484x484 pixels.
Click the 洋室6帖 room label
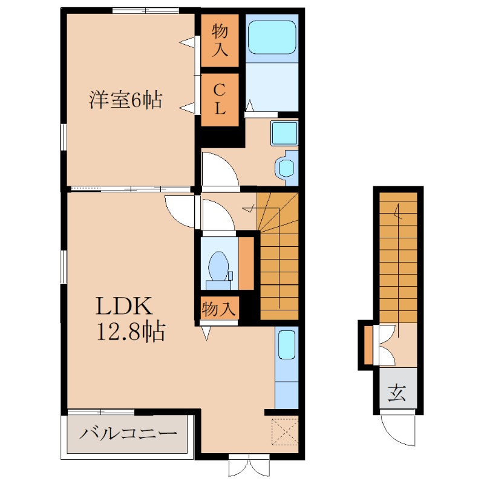(x=126, y=99)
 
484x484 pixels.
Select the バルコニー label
(x=129, y=434)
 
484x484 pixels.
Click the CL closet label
(x=220, y=100)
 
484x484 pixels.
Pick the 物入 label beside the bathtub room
(x=220, y=39)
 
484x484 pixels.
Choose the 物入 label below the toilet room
(x=218, y=309)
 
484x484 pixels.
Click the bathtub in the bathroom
(x=272, y=38)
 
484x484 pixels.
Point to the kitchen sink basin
(x=287, y=345)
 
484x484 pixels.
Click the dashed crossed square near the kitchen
(x=285, y=431)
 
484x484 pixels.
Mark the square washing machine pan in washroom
(x=284, y=132)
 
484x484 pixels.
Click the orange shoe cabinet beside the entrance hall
(x=368, y=345)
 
